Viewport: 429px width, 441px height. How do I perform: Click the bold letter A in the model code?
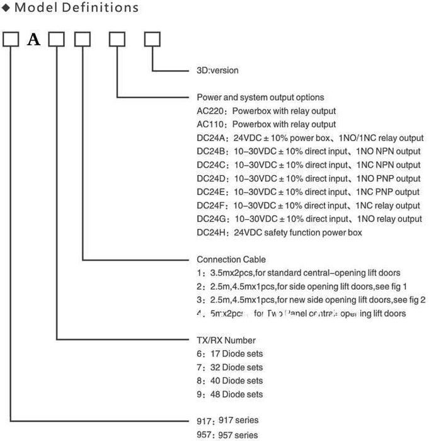coord(33,40)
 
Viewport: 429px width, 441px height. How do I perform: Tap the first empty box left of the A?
coord(11,40)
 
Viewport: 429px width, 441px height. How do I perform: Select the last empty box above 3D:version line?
coord(152,40)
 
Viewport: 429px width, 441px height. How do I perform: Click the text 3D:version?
coord(218,71)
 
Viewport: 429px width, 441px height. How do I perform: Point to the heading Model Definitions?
coord(74,8)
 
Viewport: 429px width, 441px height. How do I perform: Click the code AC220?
coord(212,111)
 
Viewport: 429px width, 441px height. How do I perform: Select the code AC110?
coord(212,124)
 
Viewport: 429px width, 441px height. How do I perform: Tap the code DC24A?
coord(213,138)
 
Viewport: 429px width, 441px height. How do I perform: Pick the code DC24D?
coord(213,179)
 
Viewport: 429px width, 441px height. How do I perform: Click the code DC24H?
coord(213,232)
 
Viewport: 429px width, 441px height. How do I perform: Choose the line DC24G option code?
coord(213,219)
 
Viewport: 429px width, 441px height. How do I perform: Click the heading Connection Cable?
coord(231,260)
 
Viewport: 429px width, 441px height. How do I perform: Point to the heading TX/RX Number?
coord(226,340)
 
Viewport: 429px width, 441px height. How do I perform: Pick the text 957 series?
coord(238,435)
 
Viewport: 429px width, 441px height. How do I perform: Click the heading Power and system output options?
coord(261,98)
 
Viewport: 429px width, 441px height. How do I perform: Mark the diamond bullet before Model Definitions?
coord(5,8)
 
